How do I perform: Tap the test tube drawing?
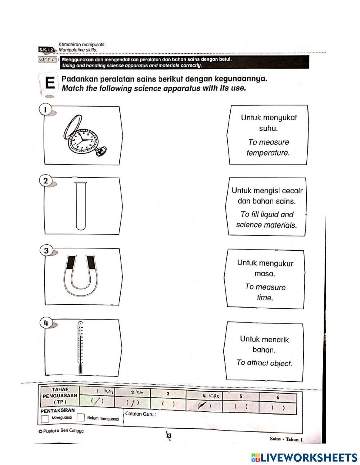pyautogui.click(x=81, y=206)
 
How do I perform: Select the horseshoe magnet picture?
pyautogui.click(x=81, y=276)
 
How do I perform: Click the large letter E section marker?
pyautogui.click(x=50, y=84)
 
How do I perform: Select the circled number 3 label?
pyautogui.click(x=46, y=251)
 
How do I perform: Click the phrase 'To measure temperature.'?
pyautogui.click(x=268, y=147)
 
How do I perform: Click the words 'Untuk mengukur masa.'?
pyautogui.click(x=265, y=268)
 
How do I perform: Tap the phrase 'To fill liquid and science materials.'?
pyautogui.click(x=267, y=220)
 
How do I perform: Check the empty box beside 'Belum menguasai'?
pyautogui.click(x=81, y=418)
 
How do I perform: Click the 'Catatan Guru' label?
pyautogui.click(x=140, y=414)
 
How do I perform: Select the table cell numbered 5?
pyautogui.click(x=241, y=397)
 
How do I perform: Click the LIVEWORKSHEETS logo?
pyautogui.click(x=304, y=457)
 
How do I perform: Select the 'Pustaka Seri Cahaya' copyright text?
pyautogui.click(x=61, y=431)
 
